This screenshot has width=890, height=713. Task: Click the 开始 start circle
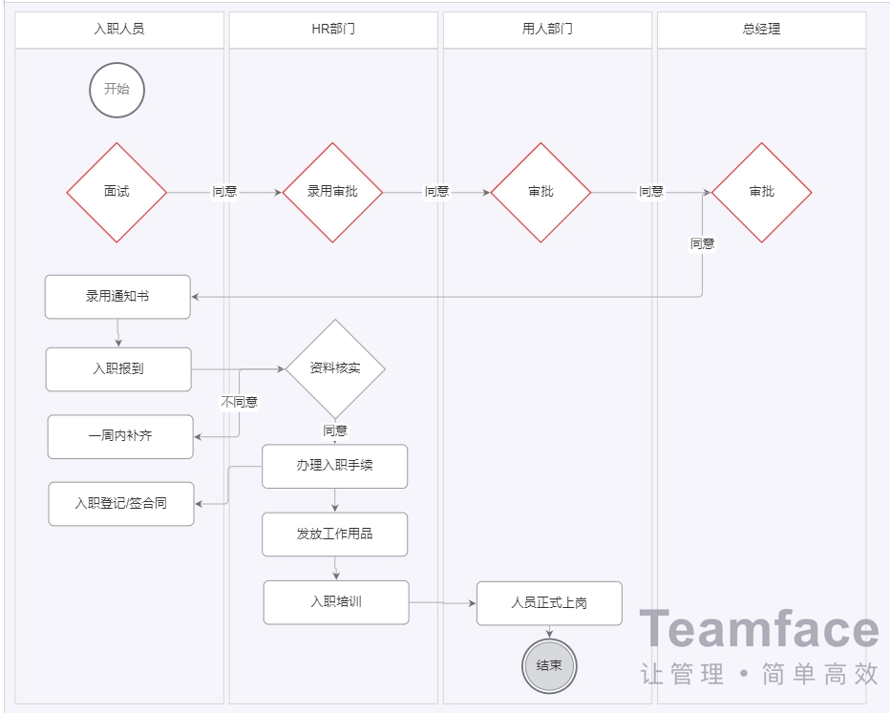117,90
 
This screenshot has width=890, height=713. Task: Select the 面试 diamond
117,192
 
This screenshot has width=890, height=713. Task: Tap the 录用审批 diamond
332,192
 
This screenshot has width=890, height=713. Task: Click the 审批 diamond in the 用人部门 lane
540,192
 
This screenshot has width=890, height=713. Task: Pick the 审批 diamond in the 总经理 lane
761,192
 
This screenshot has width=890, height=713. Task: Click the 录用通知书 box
117,297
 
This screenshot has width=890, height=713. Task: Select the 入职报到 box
118,368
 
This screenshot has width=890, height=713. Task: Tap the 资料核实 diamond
335,368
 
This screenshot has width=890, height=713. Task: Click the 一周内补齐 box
120,436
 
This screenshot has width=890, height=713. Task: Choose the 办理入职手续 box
335,467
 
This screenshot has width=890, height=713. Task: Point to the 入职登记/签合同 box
121,503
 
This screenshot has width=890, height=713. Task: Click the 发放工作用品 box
335,535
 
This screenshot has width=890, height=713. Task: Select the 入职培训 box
336,602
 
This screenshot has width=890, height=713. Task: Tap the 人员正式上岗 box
549,603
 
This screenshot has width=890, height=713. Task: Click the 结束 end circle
549,665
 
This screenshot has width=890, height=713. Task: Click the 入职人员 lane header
119,30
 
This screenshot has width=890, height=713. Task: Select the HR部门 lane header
333,30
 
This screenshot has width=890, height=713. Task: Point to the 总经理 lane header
761,30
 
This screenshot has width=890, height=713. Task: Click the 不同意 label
239,402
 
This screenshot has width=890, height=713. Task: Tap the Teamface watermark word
758,631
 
